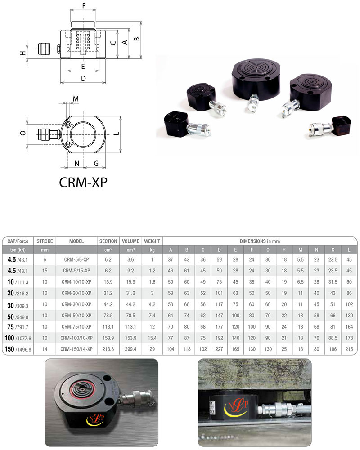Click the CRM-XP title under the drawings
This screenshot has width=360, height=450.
(83, 182)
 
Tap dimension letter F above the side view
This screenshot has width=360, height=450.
(84, 6)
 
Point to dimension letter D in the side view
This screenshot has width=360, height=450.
(83, 78)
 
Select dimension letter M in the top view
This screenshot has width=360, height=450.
(76, 99)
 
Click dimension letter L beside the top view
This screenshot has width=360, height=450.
(117, 134)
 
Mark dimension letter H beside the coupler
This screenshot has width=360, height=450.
(23, 53)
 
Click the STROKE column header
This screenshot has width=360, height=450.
(45, 241)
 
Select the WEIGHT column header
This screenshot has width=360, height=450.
(152, 241)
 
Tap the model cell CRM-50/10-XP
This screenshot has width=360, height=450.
(76, 316)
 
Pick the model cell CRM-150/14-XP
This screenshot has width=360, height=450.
(76, 349)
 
